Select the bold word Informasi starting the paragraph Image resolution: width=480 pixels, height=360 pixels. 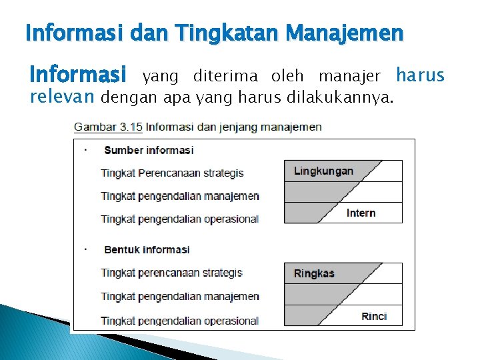coord(78,73)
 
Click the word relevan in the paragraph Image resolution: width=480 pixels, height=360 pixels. coord(63,98)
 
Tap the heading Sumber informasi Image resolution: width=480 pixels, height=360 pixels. coord(149,150)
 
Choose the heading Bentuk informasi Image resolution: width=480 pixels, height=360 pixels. coord(147,249)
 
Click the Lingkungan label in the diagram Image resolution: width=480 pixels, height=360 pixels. coord(323,171)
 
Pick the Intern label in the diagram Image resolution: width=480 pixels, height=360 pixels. coord(361,213)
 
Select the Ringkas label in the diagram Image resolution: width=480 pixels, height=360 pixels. coord(314,273)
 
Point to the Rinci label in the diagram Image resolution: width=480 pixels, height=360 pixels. coord(374,316)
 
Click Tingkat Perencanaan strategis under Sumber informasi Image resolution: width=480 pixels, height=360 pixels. coord(172,173)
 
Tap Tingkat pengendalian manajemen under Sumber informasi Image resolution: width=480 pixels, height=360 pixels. coord(180,196)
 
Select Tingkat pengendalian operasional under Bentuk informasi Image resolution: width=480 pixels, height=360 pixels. coord(179,321)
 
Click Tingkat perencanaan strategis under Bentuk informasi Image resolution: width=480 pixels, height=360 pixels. coord(172,273)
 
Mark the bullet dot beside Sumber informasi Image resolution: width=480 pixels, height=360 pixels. coord(86,149)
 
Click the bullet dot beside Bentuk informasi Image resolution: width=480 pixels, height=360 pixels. coord(86,249)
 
